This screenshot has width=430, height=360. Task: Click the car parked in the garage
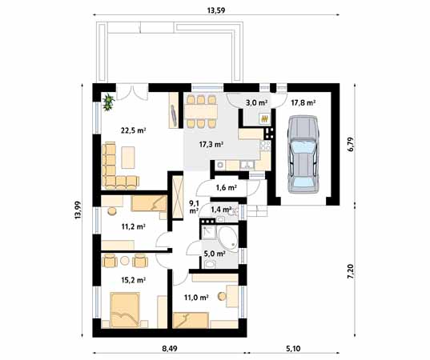click(x=303, y=154)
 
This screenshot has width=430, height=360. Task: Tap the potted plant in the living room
click(x=109, y=102)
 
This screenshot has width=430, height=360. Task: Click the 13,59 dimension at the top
click(x=216, y=10)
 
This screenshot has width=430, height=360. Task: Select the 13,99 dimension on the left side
click(x=78, y=210)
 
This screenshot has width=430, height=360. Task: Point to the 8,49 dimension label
click(x=170, y=349)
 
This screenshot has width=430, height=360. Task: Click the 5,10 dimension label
click(x=293, y=349)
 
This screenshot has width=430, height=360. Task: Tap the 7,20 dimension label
click(x=352, y=272)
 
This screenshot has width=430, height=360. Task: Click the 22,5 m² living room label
click(x=133, y=130)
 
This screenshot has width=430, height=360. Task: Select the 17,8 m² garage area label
click(x=303, y=103)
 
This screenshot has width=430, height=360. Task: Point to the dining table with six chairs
click(x=201, y=111)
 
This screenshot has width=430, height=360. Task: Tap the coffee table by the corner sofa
click(x=128, y=158)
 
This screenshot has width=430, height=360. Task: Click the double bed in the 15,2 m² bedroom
click(x=125, y=310)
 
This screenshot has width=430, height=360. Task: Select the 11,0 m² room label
click(x=196, y=298)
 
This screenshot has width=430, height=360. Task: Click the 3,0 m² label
click(x=257, y=103)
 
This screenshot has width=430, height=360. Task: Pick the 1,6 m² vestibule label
click(x=227, y=188)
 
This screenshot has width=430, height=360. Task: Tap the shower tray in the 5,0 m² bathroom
click(x=208, y=232)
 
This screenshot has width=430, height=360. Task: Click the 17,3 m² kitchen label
click(x=211, y=144)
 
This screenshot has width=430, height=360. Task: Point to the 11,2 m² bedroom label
click(x=133, y=226)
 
